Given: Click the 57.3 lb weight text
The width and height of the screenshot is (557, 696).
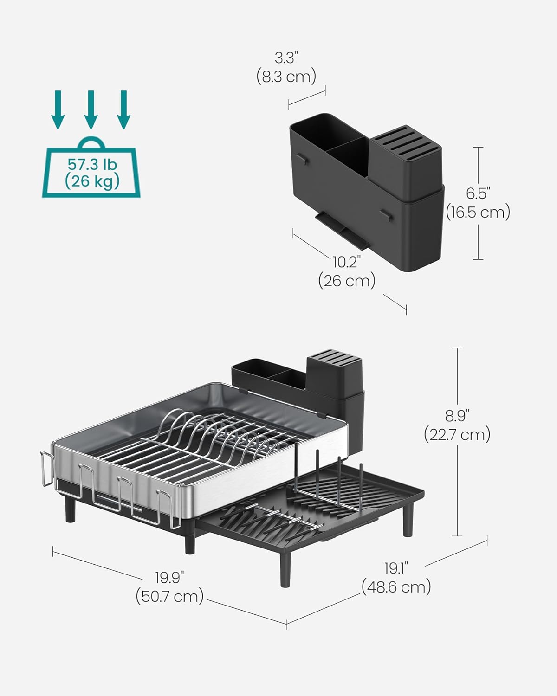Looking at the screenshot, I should click(92, 164).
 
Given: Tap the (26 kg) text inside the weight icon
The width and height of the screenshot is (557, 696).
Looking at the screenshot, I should click(92, 181).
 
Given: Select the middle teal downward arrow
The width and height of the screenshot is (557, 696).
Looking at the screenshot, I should click(91, 109).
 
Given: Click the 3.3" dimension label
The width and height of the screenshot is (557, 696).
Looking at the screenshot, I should click(286, 58).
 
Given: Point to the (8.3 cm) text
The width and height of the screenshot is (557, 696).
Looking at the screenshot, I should click(286, 76).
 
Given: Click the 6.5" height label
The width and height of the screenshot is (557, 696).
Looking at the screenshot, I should click(479, 193).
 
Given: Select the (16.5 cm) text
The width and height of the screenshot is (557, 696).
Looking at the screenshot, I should click(478, 212).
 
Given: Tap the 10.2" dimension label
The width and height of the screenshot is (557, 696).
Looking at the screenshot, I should click(347, 262).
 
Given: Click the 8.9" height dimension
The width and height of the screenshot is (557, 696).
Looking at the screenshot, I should click(457, 416).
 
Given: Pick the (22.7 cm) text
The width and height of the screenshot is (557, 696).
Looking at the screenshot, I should click(457, 435).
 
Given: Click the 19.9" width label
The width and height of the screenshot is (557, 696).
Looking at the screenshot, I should click(169, 578).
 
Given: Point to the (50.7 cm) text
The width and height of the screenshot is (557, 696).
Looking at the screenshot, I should click(169, 596).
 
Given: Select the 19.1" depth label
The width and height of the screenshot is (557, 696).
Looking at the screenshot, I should click(396, 568).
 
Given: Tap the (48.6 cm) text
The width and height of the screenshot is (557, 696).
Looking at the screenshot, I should click(396, 587).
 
